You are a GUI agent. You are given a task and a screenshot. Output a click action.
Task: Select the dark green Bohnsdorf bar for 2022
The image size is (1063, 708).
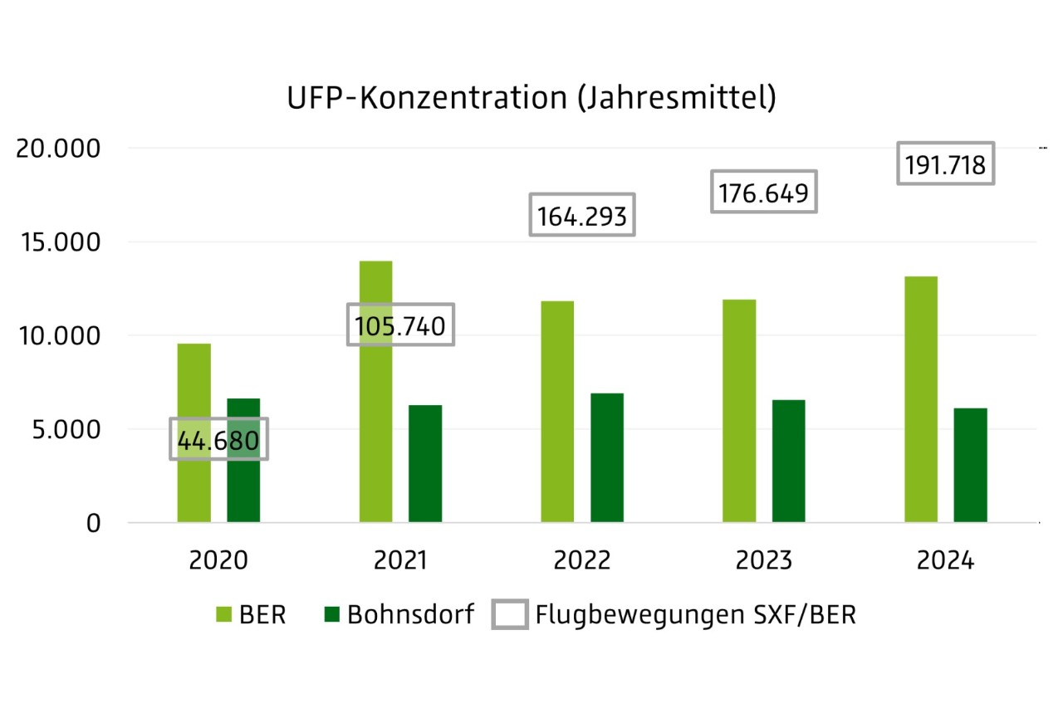tap(607, 458)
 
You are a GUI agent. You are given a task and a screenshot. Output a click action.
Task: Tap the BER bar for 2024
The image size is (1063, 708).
tap(920, 399)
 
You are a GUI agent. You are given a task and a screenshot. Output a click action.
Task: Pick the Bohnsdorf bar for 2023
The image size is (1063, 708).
tap(788, 461)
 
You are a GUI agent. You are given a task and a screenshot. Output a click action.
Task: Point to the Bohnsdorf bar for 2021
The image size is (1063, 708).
tap(425, 464)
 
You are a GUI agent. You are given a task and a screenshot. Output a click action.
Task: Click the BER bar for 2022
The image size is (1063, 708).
tap(557, 412)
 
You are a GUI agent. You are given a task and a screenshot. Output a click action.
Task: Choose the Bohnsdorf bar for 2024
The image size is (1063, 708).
tap(970, 466)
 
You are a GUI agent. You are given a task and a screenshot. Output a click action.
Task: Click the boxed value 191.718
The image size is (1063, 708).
tap(945, 165)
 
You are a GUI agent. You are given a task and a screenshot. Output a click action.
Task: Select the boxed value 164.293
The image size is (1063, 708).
tap(583, 216)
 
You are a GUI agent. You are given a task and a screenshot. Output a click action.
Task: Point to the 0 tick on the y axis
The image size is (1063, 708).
tap(93, 524)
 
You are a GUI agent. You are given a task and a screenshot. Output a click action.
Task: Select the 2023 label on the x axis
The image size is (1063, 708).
tap(764, 561)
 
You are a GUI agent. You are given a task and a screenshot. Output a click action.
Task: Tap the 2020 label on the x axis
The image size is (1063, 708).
tap(218, 561)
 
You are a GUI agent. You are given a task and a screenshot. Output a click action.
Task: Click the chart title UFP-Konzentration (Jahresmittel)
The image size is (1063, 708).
tap(531, 97)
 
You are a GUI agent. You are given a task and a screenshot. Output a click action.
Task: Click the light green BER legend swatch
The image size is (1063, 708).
tap(226, 615)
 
